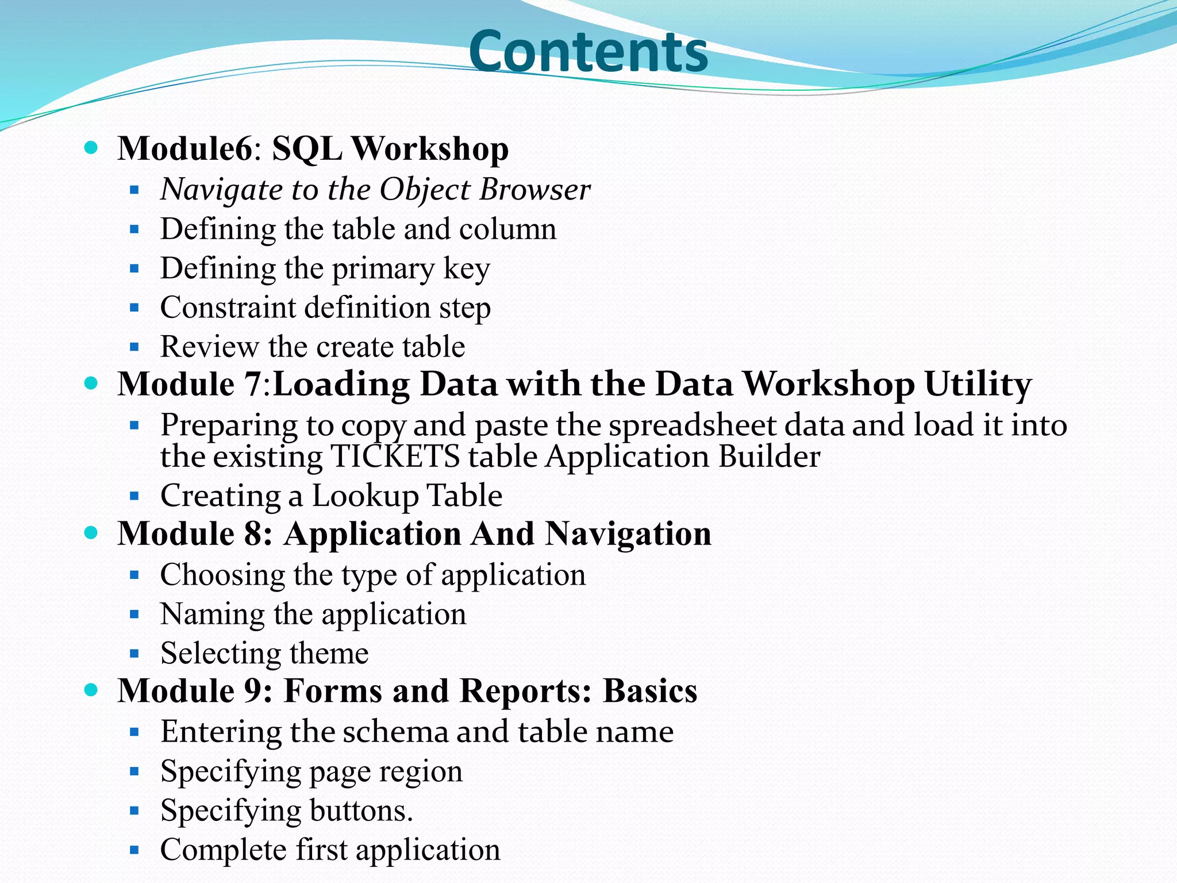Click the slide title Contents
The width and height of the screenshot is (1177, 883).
[588, 52]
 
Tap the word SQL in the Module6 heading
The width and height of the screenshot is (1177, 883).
[306, 149]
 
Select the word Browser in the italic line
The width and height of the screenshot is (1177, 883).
[535, 189]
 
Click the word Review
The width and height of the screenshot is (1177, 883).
[209, 347]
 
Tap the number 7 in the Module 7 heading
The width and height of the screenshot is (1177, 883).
[253, 384]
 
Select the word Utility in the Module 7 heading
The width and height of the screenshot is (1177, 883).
[978, 384]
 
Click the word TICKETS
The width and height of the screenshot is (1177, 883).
[395, 457]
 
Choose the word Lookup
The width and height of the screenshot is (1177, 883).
[364, 496]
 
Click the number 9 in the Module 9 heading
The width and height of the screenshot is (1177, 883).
[253, 690]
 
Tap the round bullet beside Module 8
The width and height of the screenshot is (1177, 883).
[91, 532]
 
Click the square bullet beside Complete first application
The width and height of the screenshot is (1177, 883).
[134, 850]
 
